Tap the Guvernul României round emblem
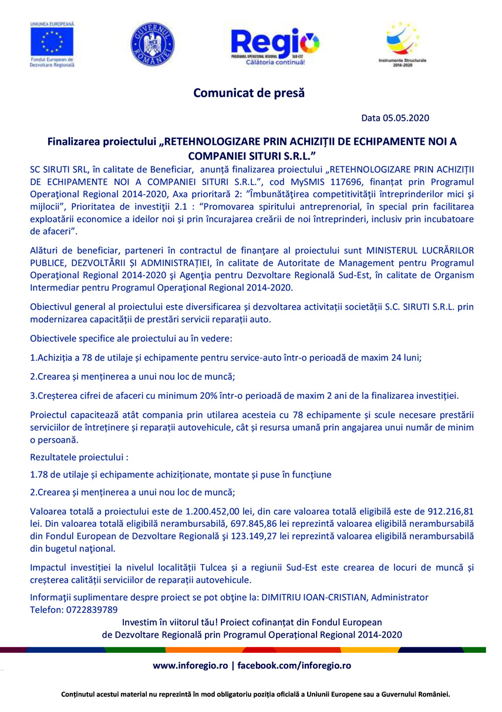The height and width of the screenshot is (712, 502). click(x=151, y=44)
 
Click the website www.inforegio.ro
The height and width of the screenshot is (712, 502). click(x=190, y=666)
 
